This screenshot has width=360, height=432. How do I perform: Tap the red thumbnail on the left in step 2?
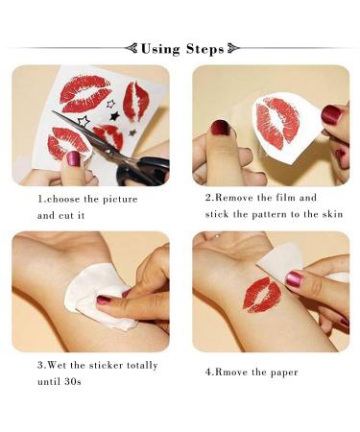point(219,128)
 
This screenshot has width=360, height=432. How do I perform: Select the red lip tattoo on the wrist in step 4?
point(261,295)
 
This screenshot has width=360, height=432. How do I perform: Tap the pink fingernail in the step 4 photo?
point(294,279)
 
